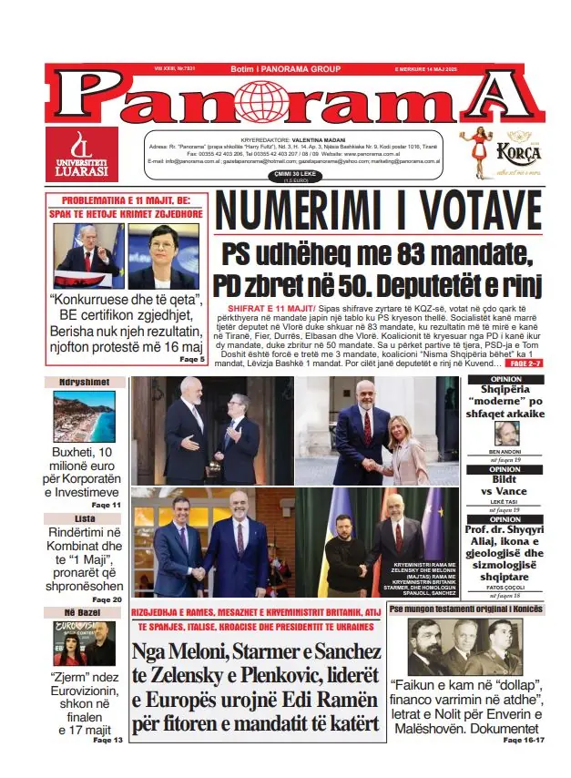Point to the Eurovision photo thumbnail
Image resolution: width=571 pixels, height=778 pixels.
point(83,643)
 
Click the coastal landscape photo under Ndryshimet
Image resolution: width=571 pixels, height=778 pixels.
point(85,417)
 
